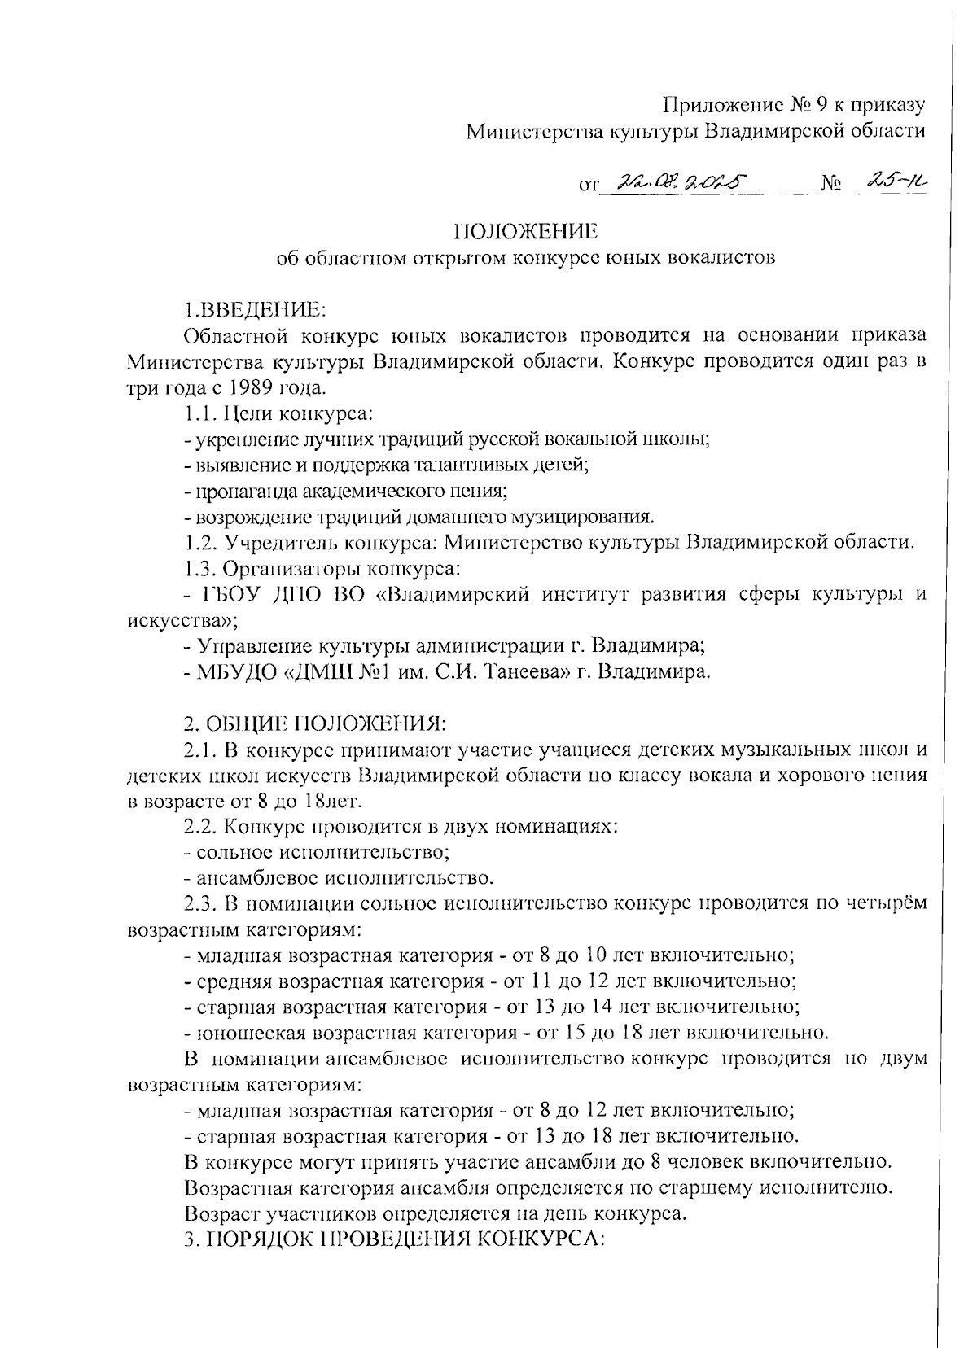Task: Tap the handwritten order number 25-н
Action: [x=894, y=182]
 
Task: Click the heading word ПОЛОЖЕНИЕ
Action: [x=525, y=231]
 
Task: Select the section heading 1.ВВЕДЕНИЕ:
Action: [x=255, y=310]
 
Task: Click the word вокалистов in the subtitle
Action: [x=721, y=259]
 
